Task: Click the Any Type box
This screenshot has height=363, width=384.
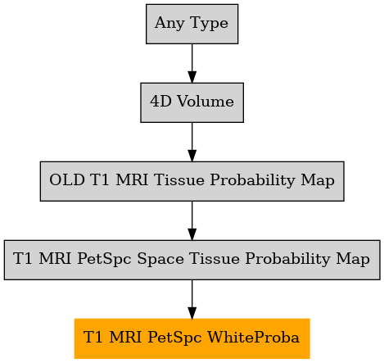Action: coord(192,24)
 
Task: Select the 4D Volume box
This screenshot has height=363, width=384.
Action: coord(192,102)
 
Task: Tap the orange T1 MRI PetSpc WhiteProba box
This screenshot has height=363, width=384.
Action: coord(192,338)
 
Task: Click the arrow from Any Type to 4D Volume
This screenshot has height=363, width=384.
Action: coord(192,63)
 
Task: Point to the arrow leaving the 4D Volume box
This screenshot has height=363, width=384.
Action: coord(192,142)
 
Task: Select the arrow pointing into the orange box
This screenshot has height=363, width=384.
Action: coord(192,299)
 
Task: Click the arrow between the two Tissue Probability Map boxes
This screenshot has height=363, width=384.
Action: coord(192,220)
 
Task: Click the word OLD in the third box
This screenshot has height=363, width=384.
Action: coord(67,180)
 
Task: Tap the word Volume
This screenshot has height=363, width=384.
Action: coord(206,102)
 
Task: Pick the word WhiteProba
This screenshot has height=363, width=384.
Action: coord(254,338)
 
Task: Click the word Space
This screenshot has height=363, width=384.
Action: coord(160,259)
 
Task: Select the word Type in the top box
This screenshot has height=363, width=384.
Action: coord(210,23)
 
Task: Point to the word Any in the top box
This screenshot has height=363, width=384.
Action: coord(169,23)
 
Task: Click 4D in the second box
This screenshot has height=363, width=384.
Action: coord(160,102)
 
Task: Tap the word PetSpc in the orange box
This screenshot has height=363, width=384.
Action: coord(174,338)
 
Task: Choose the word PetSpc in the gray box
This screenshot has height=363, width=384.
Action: coord(104,259)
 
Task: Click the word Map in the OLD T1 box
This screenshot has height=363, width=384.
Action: coord(318,180)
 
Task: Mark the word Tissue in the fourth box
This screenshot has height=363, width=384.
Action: coord(215,259)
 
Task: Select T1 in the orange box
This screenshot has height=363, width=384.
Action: coord(93,338)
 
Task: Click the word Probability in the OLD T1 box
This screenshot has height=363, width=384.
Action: coord(252,180)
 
